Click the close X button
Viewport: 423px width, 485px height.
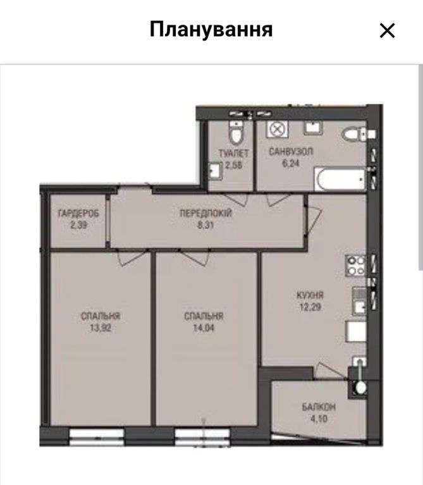click(387, 30)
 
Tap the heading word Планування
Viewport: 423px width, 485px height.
click(211, 29)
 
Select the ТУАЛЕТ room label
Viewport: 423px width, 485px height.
click(234, 154)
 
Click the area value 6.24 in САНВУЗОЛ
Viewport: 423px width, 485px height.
click(291, 163)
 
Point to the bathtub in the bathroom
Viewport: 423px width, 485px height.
click(340, 179)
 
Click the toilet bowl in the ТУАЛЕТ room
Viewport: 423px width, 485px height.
click(236, 133)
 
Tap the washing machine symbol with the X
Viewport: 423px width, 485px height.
click(278, 129)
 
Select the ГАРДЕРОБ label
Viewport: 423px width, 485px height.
click(78, 214)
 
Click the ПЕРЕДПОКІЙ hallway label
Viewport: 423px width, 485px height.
click(205, 214)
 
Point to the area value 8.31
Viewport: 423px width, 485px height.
click(205, 225)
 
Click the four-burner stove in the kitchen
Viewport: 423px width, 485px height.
click(356, 266)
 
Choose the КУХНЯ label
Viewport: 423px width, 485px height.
click(310, 295)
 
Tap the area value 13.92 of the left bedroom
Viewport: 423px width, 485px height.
click(100, 328)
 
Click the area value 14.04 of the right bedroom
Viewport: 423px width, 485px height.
click(204, 328)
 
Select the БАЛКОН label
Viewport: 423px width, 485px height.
click(319, 407)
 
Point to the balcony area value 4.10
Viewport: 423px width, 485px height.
click(319, 419)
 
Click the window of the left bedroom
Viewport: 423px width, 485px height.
click(97, 437)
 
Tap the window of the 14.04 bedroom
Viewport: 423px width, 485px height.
click(202, 437)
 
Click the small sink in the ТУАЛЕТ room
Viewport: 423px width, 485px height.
click(215, 171)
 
